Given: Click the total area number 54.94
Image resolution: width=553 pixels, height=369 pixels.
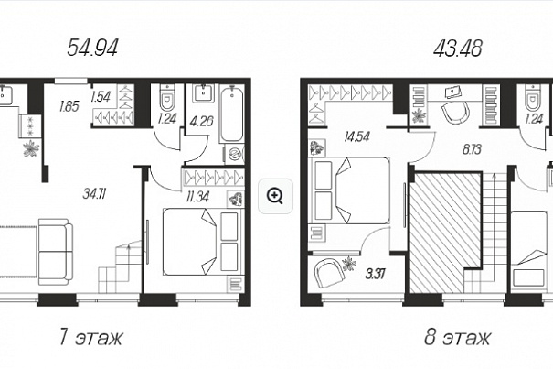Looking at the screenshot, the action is (92, 48).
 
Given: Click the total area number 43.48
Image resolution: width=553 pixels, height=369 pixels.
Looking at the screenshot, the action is (458, 48).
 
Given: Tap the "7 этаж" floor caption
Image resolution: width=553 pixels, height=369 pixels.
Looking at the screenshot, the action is (91, 337).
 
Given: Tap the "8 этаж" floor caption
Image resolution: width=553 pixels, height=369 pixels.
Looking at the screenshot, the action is (457, 337).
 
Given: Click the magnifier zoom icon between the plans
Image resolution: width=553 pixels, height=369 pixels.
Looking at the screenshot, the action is (275, 196).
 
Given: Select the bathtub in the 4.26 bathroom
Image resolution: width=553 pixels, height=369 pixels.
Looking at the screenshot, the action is (231, 114).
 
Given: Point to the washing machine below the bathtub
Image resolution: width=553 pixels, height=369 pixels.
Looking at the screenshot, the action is (234, 154).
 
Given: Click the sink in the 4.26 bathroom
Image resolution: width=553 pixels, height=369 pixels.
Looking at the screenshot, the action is (203, 93).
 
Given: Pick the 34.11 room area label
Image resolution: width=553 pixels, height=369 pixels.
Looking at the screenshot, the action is (95, 194).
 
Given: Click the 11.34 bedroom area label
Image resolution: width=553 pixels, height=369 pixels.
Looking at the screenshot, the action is (197, 197).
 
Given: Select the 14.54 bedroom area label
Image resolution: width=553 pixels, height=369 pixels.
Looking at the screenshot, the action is (357, 136).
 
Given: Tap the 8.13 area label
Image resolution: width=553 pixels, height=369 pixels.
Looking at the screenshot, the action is (472, 149).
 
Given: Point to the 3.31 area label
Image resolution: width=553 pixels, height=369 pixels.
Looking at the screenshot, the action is (375, 274).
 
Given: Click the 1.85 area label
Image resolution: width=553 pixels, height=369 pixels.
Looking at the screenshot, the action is (69, 106).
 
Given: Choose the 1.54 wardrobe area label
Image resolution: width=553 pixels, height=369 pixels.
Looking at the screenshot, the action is (101, 96).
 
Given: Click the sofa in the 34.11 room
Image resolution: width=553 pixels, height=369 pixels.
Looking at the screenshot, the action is (56, 252).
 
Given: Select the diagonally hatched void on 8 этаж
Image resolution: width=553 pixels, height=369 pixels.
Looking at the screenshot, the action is (445, 233).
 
